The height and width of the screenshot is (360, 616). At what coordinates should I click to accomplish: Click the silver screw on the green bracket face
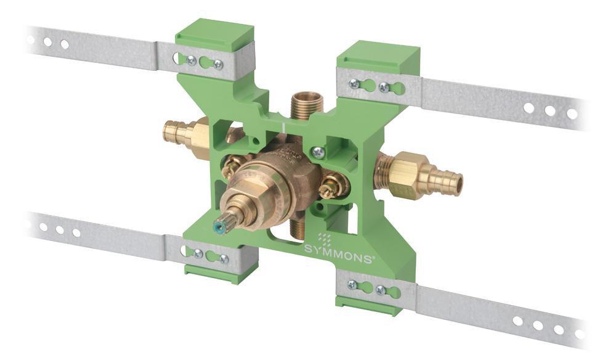tap(318, 151)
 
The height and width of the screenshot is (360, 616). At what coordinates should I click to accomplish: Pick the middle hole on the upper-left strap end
tap(47, 42)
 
